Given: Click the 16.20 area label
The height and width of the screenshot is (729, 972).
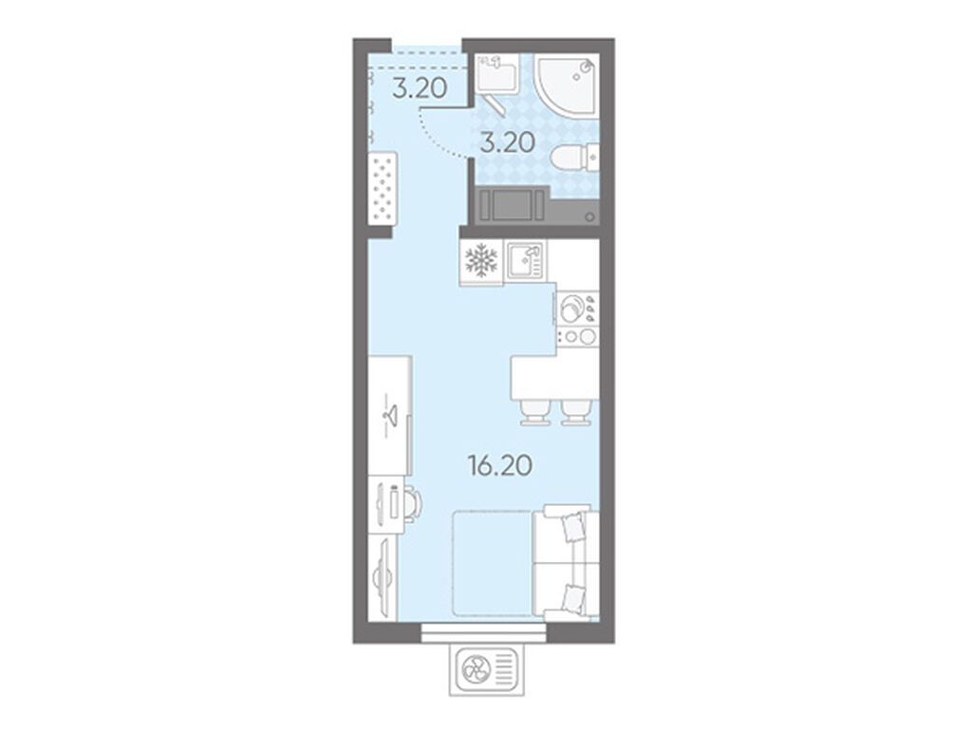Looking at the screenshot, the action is [x=501, y=465].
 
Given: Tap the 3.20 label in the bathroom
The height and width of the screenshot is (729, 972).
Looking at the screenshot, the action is [x=508, y=143].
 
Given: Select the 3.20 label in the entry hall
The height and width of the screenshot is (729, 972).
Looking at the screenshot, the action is [x=420, y=88].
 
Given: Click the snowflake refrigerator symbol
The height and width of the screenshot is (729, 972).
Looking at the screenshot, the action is [x=481, y=259].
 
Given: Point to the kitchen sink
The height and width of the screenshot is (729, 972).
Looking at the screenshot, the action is [x=525, y=260].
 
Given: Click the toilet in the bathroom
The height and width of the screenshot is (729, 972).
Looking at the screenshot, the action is [x=574, y=157].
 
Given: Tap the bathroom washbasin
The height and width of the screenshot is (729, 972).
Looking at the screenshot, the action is [x=496, y=73].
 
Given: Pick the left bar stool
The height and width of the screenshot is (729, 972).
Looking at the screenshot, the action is [x=535, y=412].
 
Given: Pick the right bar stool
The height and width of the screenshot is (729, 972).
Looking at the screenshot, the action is [x=576, y=412].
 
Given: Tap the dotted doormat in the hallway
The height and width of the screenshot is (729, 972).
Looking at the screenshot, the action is [x=382, y=189].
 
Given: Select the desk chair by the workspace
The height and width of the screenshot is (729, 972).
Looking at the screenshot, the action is [x=413, y=505].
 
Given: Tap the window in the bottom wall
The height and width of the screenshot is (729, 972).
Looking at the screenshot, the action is [x=483, y=633].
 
